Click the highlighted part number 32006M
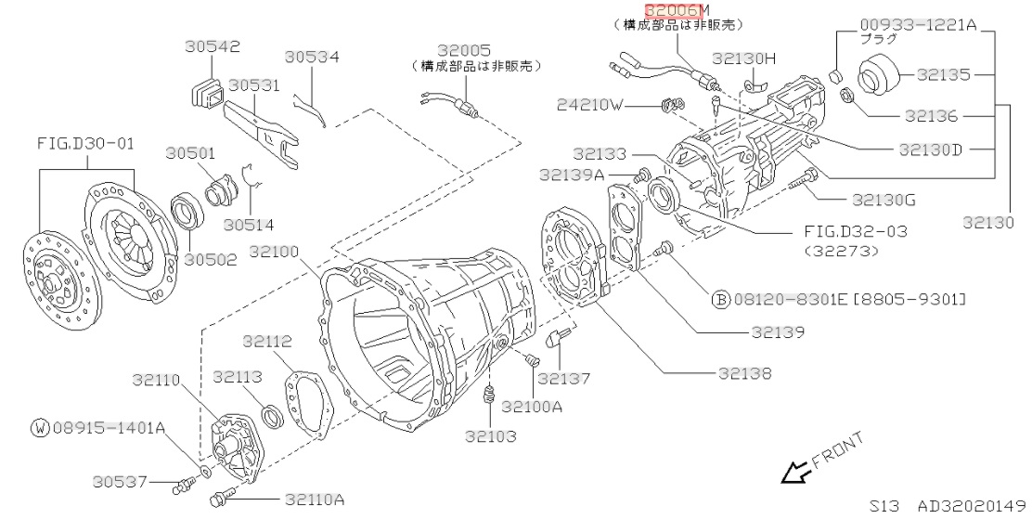pos(675,9)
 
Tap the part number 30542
pos(213,45)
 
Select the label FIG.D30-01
pos(85,144)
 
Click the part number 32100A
pos(532,406)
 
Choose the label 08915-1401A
pos(110,428)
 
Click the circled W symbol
pos(40,428)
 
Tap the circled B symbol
pos(720,299)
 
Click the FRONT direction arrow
pos(793,474)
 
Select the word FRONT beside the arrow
pos(838,449)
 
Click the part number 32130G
pos(883,200)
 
